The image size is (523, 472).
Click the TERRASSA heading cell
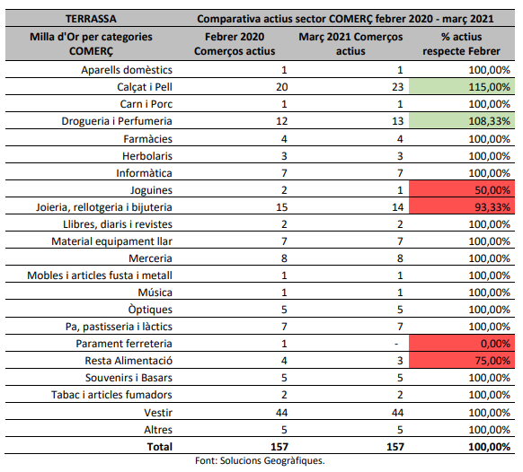pyautogui.click(x=91, y=19)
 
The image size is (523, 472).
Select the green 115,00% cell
pyautogui.click(x=462, y=87)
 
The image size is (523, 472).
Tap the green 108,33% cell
pyautogui.click(x=462, y=120)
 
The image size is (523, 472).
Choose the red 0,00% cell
pyautogui.click(x=462, y=343)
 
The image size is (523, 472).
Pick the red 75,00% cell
pyautogui.click(x=462, y=360)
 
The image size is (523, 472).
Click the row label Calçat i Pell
pyautogui.click(x=145, y=87)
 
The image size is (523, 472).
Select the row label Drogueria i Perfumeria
pyautogui.click(x=117, y=121)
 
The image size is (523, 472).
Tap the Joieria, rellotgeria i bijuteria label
pyautogui.click(x=104, y=207)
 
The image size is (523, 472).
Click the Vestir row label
pyautogui.click(x=158, y=413)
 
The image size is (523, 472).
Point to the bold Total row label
pyautogui.click(x=160, y=447)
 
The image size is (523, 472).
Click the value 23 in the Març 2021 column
pyautogui.click(x=397, y=87)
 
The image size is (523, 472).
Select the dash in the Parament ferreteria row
pyautogui.click(x=396, y=344)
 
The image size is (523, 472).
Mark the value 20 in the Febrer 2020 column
pyautogui.click(x=282, y=87)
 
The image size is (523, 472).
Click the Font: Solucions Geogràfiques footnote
pyautogui.click(x=260, y=460)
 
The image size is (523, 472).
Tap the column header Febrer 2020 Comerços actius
pyautogui.click(x=235, y=44)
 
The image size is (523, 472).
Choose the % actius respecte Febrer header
pyautogui.click(x=461, y=44)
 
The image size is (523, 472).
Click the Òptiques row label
pyautogui.click(x=150, y=309)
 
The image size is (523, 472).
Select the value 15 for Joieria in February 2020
pyautogui.click(x=282, y=207)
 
